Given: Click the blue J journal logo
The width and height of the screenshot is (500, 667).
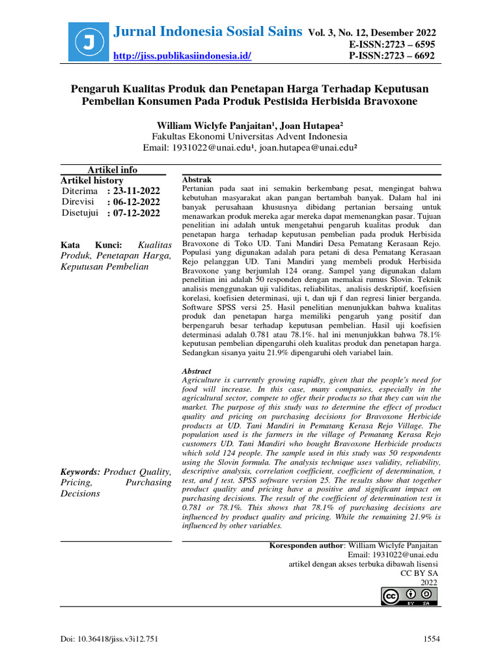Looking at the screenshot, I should point(88,43).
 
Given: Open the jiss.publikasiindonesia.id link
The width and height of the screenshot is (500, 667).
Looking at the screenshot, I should point(182,56).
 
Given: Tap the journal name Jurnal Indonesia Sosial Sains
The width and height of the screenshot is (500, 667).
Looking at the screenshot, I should point(208,31).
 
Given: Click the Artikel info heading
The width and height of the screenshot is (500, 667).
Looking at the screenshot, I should point(113,170).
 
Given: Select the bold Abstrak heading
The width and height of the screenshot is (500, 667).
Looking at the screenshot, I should point(196,179).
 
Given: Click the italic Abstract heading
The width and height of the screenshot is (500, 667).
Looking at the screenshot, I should point(197,371).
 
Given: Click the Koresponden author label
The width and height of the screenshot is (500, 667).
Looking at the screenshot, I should point(306,545).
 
